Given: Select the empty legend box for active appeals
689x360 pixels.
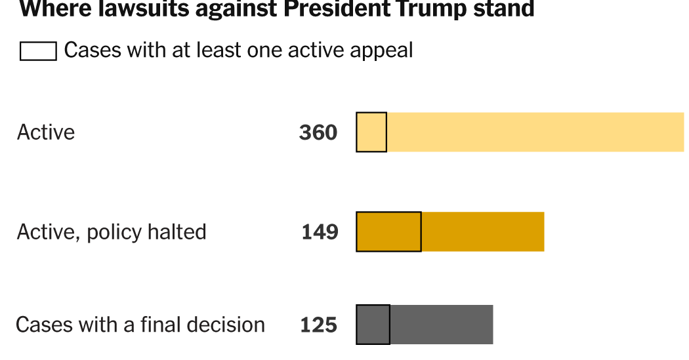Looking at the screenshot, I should point(38,51).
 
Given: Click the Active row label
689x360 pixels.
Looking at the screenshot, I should point(46,132).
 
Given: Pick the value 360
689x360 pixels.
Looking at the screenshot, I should point(318,132).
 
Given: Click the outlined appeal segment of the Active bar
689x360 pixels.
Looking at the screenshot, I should point(371,132).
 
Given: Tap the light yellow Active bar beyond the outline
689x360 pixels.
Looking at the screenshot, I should point(535,132).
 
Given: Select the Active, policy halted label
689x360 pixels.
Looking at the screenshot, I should point(112,232).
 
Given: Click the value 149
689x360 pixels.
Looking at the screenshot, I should point(320,232).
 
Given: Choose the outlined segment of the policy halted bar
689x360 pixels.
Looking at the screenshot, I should point(388,231).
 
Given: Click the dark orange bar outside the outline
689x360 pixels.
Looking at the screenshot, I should point(482,231).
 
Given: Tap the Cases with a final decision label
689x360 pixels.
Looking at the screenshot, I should point(140,325).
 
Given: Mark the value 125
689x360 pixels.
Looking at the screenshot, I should point(319,325).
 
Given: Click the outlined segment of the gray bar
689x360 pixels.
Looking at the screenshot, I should point(373,325).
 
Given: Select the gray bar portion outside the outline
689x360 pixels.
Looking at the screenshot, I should point(441,325).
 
